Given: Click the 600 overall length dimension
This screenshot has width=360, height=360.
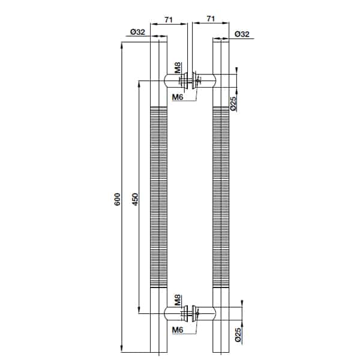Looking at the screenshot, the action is [x=117, y=199].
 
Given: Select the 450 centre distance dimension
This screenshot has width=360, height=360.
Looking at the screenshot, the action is [x=136, y=199].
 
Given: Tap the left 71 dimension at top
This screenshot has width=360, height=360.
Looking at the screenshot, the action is [x=169, y=20].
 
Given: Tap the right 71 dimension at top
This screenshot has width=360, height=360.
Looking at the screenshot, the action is [x=211, y=19].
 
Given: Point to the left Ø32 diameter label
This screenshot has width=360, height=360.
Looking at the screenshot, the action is [x=138, y=32].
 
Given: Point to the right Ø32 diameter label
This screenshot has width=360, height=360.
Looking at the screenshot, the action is [x=242, y=34].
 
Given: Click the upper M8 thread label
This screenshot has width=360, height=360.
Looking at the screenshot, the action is [x=178, y=68].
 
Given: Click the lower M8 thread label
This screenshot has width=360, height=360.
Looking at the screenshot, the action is [x=178, y=300].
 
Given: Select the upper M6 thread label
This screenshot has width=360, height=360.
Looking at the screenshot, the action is [x=178, y=97].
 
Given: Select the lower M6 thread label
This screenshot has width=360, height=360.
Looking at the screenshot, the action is [x=178, y=330].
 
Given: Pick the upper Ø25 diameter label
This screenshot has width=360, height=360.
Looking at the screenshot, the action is [x=233, y=104].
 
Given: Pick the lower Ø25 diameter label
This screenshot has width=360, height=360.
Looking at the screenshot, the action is [x=238, y=335].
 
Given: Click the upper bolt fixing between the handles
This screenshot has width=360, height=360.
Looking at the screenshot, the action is [x=190, y=80].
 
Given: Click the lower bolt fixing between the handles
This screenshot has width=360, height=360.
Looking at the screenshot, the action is [x=190, y=313].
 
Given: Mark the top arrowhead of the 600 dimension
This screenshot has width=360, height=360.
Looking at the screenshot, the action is [x=122, y=45].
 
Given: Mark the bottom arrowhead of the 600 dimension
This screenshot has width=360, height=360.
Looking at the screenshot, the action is [x=122, y=349].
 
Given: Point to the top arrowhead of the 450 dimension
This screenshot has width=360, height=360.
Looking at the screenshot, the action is [x=139, y=84].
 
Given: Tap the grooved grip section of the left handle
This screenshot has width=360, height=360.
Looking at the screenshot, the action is [x=158, y=197].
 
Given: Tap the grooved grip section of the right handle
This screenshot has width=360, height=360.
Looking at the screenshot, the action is [x=221, y=197].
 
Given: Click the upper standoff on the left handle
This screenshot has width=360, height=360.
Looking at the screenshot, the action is [x=175, y=80].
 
